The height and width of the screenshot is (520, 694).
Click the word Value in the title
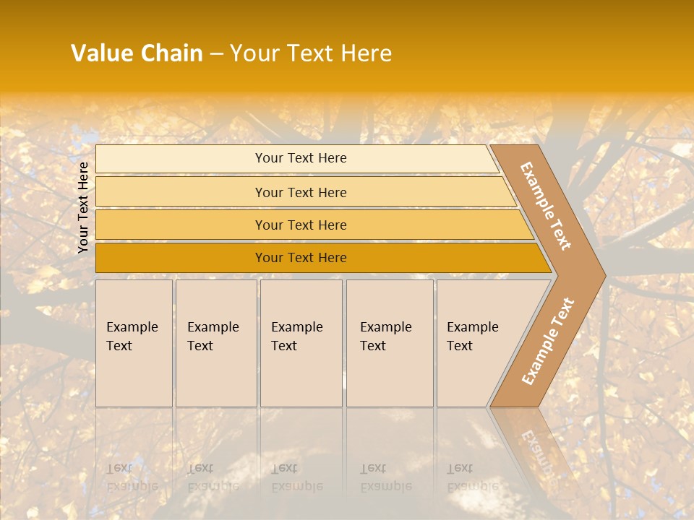[x=101, y=53]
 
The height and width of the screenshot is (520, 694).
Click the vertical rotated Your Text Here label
[x=83, y=207]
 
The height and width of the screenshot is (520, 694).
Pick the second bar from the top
[x=301, y=192]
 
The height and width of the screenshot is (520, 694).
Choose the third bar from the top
[x=301, y=225]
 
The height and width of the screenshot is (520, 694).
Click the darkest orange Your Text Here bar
[x=301, y=258]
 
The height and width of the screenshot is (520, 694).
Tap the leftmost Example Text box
[x=134, y=342]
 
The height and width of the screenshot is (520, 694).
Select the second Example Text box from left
[x=215, y=342]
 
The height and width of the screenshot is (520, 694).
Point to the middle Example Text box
[x=301, y=342]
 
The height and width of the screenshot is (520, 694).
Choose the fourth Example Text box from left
[x=390, y=342]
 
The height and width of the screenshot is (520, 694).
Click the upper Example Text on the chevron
[x=546, y=206]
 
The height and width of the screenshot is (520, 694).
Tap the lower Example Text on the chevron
[x=548, y=341]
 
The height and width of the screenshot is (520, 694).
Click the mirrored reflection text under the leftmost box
[x=132, y=477]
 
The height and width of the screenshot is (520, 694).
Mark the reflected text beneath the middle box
[x=296, y=477]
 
